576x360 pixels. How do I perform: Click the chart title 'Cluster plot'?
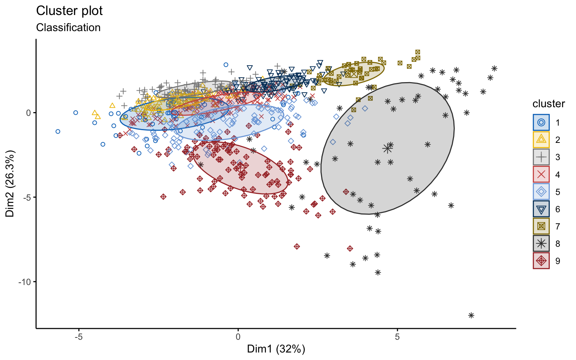coord(69,11)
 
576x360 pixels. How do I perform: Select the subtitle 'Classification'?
coord(68,28)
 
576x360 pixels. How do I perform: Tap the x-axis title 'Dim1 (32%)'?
coord(276,349)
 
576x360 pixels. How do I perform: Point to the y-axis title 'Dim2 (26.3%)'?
coord(10,184)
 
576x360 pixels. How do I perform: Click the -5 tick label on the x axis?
coord(78,337)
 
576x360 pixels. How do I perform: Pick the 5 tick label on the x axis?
coord(397,337)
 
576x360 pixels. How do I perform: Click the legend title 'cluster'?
coord(549,104)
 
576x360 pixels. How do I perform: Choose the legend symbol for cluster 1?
coord(541,122)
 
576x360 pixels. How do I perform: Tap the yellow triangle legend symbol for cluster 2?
coord(541,139)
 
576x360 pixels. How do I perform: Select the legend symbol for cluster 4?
coord(541,174)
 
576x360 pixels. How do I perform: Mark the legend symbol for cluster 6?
coord(541,209)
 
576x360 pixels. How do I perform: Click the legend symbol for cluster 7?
coord(541,226)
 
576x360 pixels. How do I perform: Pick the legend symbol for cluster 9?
coord(541,261)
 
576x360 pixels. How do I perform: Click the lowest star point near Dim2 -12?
coord(471,315)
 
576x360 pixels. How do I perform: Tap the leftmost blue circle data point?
coord(58,131)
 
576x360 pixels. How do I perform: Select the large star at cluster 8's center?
coord(387,148)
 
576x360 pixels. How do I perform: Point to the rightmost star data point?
coord(494,68)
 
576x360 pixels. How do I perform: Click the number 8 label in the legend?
coord(558,244)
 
